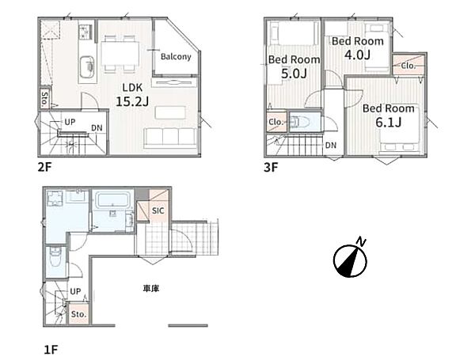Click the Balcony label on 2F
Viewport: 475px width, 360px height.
(176, 57)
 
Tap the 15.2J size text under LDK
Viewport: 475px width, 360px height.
(132, 102)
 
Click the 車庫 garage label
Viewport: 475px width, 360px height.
(151, 289)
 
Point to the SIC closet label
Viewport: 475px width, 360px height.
(158, 210)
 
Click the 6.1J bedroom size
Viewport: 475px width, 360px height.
(389, 123)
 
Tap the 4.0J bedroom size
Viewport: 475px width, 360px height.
(358, 55)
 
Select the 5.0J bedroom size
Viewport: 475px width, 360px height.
(294, 74)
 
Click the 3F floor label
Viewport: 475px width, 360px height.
(271, 167)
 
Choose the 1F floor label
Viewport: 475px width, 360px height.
(51, 350)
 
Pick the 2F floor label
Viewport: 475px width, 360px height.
(44, 167)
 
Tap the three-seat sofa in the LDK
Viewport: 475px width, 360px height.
(170, 138)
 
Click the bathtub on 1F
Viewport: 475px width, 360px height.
(112, 200)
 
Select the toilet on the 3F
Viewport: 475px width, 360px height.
(301, 122)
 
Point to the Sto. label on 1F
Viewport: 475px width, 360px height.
(78, 314)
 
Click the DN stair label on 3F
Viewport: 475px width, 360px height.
(331, 146)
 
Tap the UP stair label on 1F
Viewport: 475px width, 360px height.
(75, 291)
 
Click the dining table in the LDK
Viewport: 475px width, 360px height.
(120, 53)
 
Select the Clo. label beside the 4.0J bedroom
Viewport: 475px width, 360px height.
(408, 66)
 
